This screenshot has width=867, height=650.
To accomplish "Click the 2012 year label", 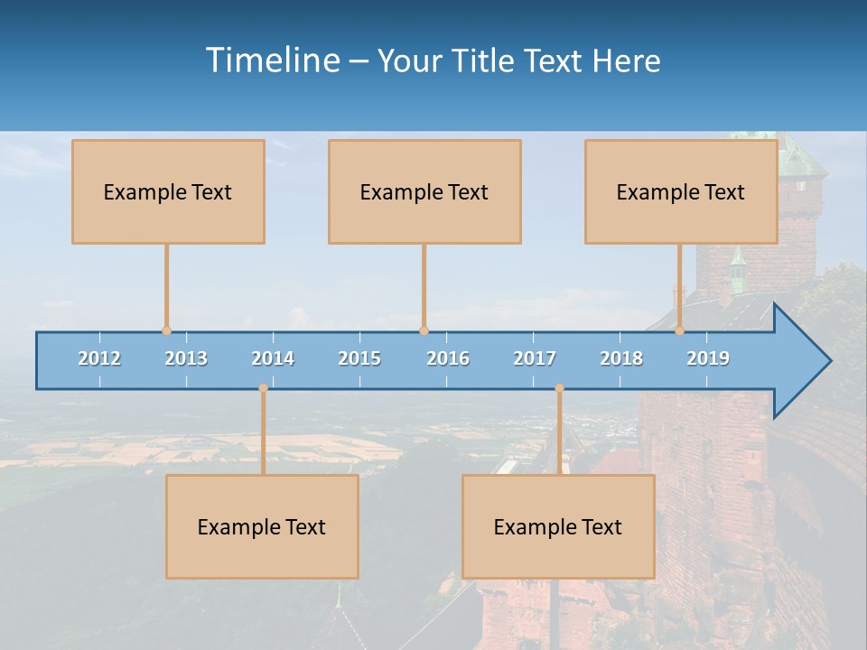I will pos(99,358).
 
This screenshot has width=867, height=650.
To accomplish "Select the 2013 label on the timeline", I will pos(186,358).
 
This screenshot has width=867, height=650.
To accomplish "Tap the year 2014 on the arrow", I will pos(273,358).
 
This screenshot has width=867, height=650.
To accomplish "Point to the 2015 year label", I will pos(359,358).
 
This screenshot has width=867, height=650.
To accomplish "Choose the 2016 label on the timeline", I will pos(448,358).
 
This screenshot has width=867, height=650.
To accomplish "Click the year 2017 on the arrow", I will pos(535,358).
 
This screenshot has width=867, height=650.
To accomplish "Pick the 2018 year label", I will pos(621,358).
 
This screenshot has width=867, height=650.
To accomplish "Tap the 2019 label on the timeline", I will pos(708,358).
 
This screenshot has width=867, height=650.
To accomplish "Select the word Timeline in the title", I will pos(272,60).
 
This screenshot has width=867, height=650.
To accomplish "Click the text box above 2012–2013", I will pos(168,191).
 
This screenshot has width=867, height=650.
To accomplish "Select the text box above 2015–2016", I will pos(424,191).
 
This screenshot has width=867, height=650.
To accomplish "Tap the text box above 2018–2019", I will pos(681,191).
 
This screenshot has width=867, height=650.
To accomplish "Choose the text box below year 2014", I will pos(262,526).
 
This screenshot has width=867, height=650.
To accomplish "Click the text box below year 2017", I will pos(558,526).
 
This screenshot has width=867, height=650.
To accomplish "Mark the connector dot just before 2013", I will pos(166,330).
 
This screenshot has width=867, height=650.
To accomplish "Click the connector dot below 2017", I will pos(559,388).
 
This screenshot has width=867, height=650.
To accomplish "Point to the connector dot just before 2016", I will pos(424,330).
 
